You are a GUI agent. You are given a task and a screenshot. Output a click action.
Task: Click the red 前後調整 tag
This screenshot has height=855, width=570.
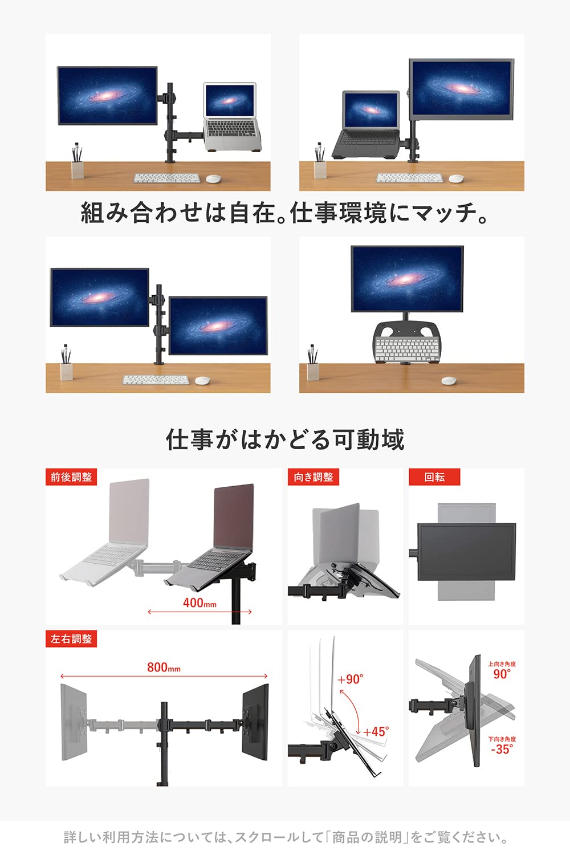(71, 477)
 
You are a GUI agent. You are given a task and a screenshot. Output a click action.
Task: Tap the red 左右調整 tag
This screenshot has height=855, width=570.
(71, 639)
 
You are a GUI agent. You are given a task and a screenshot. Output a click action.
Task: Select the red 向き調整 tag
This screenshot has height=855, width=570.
(313, 477)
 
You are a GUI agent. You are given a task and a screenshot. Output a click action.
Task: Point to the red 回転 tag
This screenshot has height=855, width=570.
(434, 477)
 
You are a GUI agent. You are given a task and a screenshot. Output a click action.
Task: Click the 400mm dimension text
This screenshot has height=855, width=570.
(199, 602)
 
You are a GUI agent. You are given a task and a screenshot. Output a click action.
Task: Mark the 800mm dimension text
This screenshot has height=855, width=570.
(164, 667)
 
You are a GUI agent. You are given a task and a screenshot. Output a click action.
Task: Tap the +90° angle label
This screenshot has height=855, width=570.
(350, 679)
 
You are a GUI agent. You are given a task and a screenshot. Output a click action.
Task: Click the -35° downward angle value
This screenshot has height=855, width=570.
(502, 750)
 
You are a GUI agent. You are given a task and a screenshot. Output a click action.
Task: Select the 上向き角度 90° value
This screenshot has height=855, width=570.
(502, 674)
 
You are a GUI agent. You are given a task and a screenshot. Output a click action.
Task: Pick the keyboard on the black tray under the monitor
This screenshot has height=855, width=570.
(406, 348)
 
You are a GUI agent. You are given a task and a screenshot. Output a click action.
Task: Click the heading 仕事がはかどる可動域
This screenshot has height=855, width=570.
(285, 440)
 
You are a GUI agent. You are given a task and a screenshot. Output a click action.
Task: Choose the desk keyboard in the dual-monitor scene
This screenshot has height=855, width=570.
(156, 380)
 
